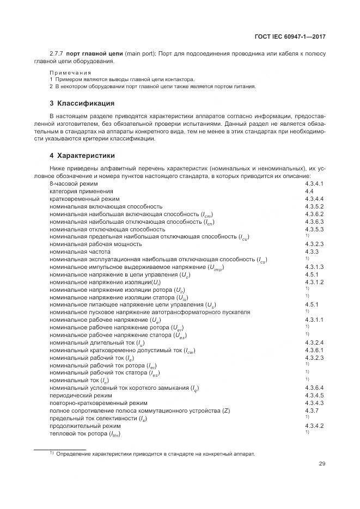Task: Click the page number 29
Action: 322,464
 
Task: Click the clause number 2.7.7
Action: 56,53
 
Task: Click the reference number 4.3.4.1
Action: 314,184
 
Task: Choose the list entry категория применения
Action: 81,192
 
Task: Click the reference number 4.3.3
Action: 311,252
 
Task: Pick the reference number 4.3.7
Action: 311,409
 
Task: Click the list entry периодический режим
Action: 81,395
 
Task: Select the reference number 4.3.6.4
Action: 314,387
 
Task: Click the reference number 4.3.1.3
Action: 314,267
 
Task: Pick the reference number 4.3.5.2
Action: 314,207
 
